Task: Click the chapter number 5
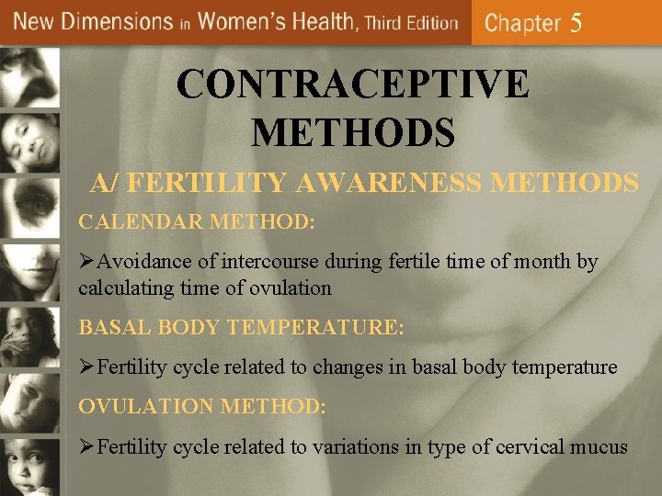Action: pos(576,23)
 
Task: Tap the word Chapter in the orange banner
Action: pos(521,23)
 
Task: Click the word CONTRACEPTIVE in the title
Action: pos(353,85)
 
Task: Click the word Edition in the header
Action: pos(428,23)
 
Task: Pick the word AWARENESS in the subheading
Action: pos(394,183)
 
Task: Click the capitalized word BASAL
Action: pos(111,326)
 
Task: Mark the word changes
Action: pos(349,367)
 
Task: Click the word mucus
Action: pos(599,447)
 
